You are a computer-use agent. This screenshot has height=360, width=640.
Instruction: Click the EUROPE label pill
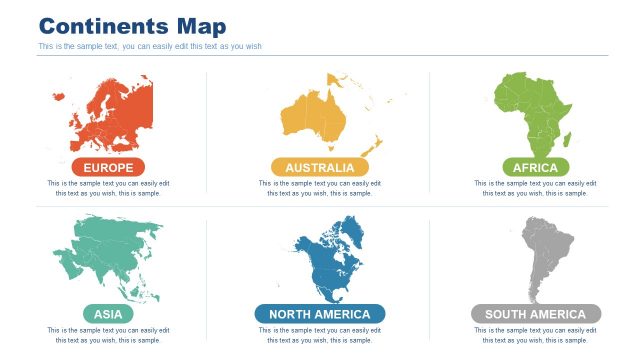(108, 167)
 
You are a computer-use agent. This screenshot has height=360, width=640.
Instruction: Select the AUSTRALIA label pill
(319, 167)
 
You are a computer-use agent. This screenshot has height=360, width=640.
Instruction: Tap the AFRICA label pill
(535, 167)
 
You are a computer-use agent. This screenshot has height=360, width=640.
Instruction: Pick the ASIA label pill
(108, 314)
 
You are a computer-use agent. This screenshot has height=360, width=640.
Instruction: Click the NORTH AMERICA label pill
(319, 314)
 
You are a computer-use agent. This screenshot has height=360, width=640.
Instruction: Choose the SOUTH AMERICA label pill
(535, 314)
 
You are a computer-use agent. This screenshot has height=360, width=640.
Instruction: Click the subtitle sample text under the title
(150, 46)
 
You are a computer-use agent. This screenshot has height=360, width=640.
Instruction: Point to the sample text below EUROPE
(108, 188)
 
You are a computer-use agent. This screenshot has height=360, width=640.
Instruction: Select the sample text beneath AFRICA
(535, 188)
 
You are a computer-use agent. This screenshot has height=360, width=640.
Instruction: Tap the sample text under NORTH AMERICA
(319, 335)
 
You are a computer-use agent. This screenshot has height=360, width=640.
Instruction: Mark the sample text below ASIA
(108, 335)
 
